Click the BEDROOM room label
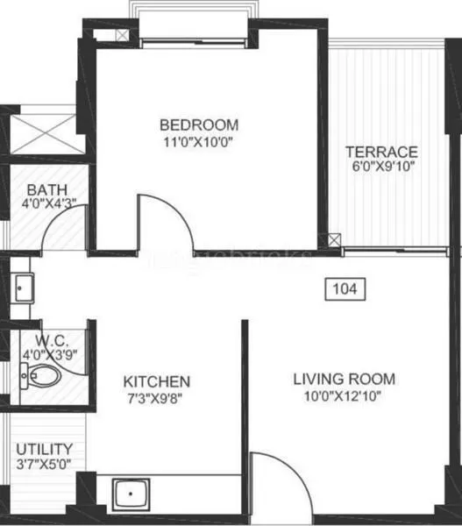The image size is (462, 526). tap(199, 124)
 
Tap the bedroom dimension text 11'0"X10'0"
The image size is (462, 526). tap(199, 140)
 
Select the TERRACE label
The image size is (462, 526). tap(380, 151)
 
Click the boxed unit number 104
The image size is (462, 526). tap(345, 288)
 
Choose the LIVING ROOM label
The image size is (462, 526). tap(344, 379)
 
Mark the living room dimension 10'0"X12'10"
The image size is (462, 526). tap(344, 395)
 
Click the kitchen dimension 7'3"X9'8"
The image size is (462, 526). tap(157, 398)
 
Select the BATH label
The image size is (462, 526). tap(42, 189)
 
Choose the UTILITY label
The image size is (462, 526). tap(44, 450)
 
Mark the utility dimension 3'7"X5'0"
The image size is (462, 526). tap(44, 465)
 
